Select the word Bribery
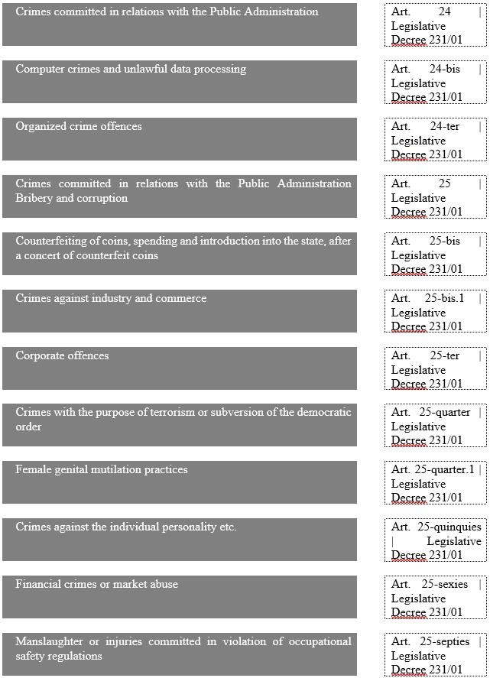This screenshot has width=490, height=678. point(36,198)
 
